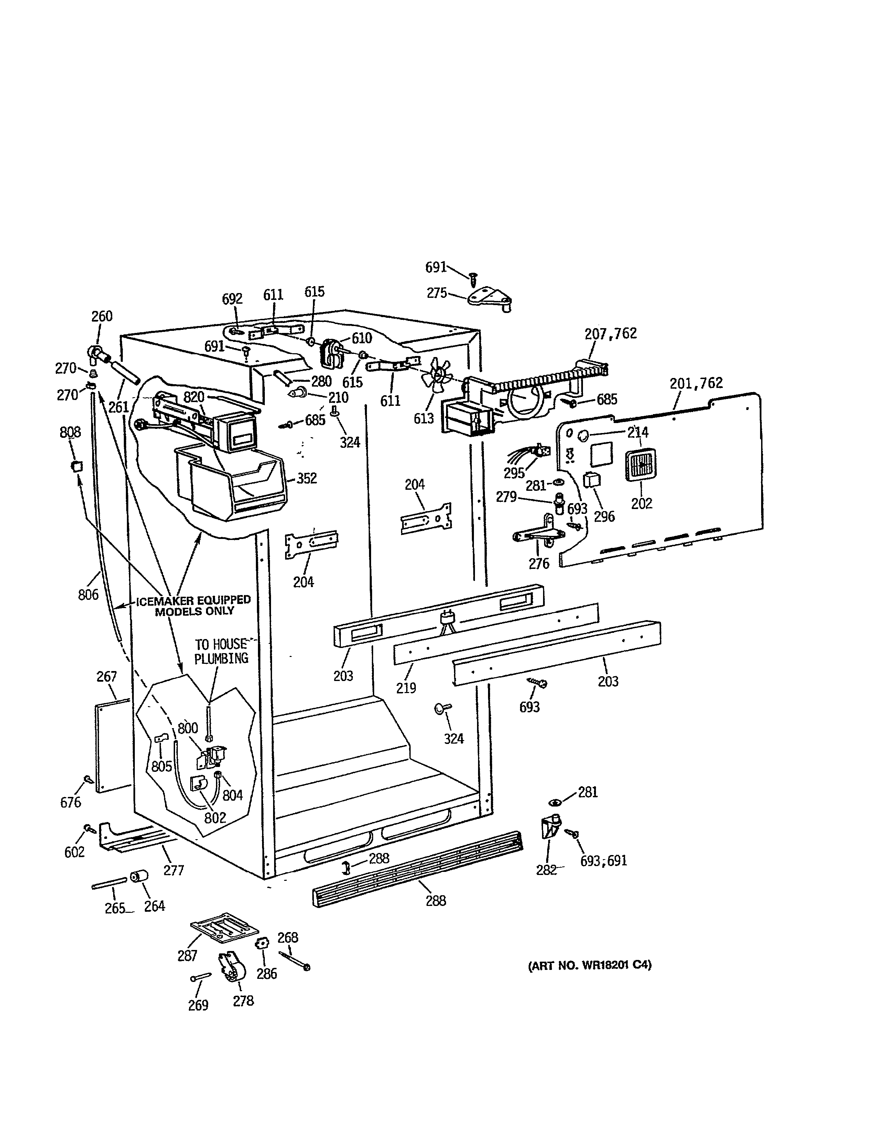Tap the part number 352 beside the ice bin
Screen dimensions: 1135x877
tap(306, 478)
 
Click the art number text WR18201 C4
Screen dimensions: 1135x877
tap(589, 965)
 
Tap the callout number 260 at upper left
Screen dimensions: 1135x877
tap(102, 316)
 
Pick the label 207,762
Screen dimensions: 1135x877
tap(610, 334)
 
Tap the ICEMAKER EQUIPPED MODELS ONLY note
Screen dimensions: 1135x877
tap(193, 605)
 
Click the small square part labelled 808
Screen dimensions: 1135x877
tap(77, 466)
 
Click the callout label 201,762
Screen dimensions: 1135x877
tap(696, 383)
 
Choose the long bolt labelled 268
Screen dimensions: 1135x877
tap(295, 961)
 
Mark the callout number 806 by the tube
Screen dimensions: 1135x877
tap(88, 594)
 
